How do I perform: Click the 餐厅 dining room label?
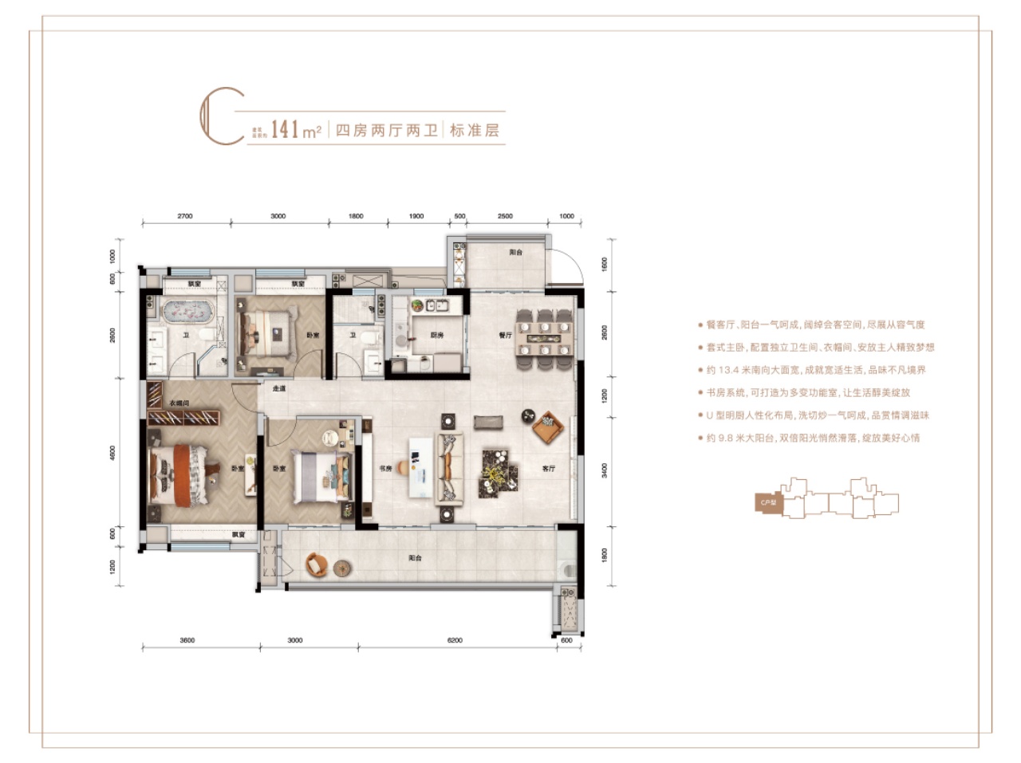coord(505,335)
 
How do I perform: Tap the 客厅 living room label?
coord(548,468)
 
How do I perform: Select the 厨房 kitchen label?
coord(437,335)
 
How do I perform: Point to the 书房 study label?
coord(385,468)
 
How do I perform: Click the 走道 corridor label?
coord(278,388)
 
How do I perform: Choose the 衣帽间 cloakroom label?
coord(180,403)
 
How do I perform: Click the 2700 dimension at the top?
coord(185,216)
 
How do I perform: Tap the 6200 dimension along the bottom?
coord(455,640)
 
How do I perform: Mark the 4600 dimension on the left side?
coord(112,452)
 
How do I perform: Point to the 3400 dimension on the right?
coord(605,470)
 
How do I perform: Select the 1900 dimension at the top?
coord(416,216)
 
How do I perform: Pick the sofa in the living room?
coord(450,468)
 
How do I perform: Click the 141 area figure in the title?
coord(285,129)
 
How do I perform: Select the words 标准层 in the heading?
coord(474,130)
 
